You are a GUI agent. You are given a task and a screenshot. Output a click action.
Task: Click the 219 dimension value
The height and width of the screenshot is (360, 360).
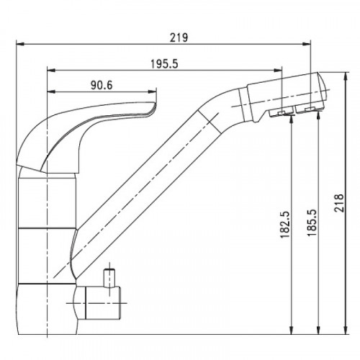tap(179, 38)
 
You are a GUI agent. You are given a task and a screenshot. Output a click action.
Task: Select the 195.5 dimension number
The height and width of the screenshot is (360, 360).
tap(164, 64)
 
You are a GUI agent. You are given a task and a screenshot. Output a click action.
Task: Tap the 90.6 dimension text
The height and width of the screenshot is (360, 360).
tap(102, 85)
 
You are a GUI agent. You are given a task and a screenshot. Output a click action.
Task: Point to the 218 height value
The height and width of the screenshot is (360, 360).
tap(338, 203)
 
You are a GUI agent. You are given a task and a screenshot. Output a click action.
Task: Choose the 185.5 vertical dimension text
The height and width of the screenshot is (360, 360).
tap(312, 222)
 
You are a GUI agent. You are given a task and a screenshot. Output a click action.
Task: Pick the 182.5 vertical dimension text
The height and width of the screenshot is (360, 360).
tap(285, 225)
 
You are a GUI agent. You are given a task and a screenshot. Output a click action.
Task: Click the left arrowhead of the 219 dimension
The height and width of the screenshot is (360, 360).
tap(20, 44)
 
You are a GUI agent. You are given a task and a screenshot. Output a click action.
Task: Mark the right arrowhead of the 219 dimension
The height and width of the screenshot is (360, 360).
tap(307, 44)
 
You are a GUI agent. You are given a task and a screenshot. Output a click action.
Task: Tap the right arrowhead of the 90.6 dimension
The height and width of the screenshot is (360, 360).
tap(153, 91)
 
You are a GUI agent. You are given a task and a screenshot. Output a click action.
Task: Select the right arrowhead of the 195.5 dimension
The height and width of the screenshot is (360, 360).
tap(277, 70)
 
